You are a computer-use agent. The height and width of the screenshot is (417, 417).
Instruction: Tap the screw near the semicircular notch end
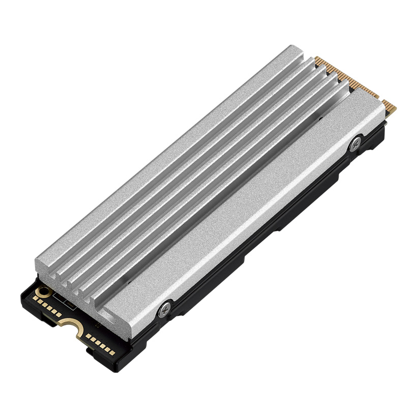point(165,308)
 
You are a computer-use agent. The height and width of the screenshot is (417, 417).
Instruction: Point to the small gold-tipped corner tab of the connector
point(391,108)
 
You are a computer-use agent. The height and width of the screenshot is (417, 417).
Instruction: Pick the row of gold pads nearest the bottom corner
point(99,342)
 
